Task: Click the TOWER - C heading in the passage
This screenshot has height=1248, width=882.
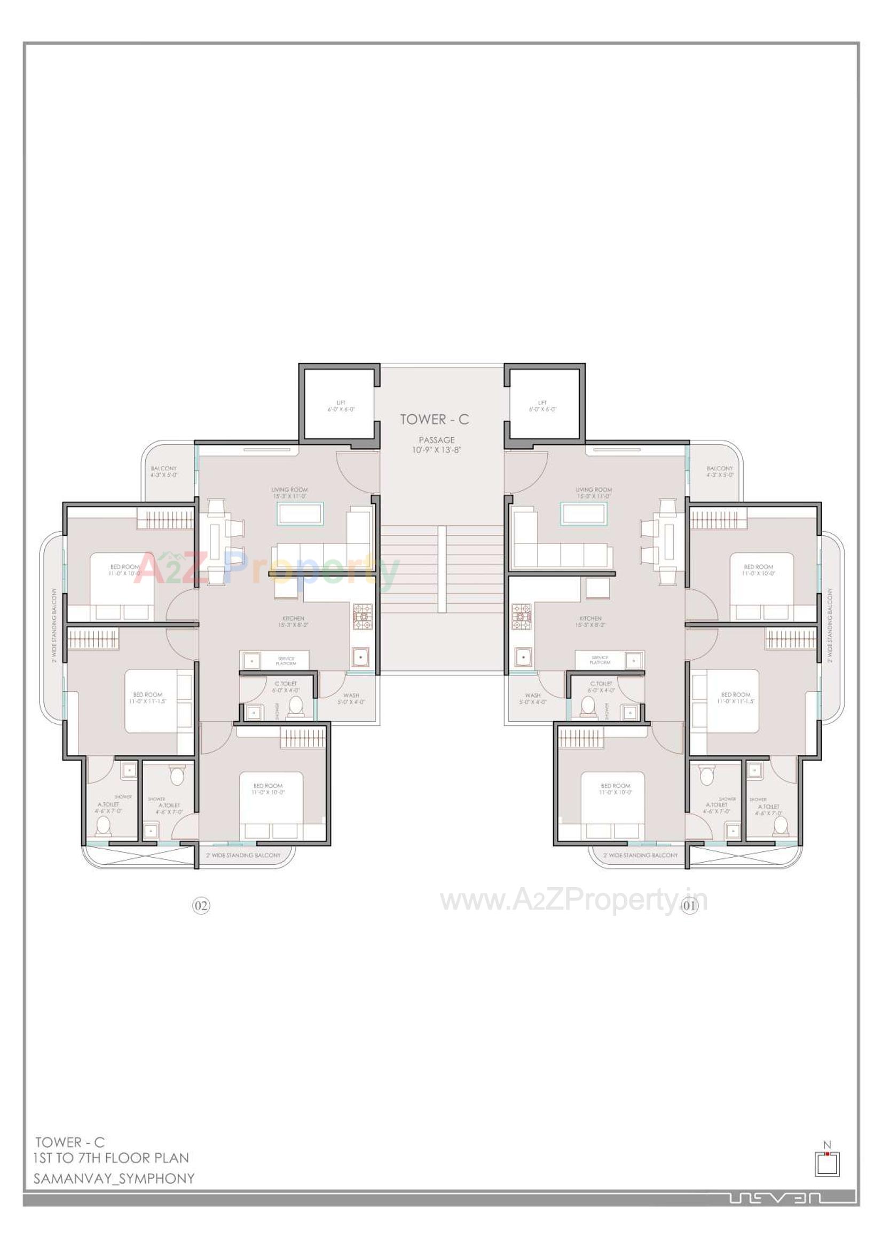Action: (434, 420)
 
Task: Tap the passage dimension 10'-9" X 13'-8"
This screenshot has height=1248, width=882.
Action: (436, 450)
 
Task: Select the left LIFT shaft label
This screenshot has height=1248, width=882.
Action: (341, 406)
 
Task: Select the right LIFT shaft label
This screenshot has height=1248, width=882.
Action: (542, 406)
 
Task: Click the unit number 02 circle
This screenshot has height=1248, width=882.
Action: (201, 905)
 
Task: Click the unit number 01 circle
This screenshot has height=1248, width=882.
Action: (689, 905)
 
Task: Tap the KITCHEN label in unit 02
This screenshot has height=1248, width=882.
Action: (293, 622)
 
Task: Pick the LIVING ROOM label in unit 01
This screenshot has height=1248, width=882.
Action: (594, 493)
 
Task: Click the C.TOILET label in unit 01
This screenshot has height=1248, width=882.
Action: (601, 686)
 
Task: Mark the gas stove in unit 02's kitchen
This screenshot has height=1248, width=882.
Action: (363, 617)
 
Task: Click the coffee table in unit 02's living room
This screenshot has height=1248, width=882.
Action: (300, 514)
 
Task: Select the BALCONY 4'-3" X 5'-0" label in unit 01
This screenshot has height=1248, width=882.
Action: (719, 471)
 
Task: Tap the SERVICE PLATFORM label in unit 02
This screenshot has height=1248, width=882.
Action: (286, 661)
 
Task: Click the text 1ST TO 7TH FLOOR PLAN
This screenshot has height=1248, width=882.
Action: (112, 1158)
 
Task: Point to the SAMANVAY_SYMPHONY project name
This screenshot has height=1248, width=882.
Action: (114, 1179)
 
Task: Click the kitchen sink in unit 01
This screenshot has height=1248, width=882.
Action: (523, 657)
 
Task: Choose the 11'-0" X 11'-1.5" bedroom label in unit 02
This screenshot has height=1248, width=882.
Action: (147, 698)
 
